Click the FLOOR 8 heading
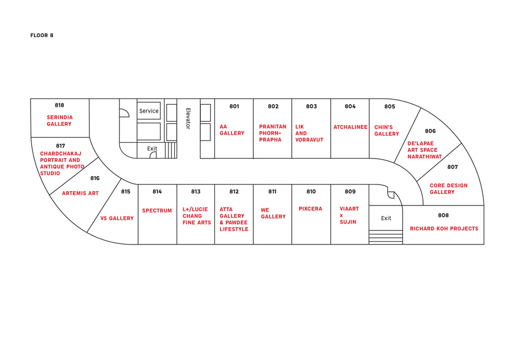[x=42, y=36]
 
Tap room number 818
[x=59, y=105]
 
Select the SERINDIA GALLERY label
[x=59, y=121]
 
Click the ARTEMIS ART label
[x=80, y=194]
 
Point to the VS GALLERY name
[x=117, y=218]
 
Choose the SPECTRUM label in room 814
[x=157, y=211]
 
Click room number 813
[x=196, y=192]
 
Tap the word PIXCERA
[x=310, y=209]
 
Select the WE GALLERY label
[x=273, y=213]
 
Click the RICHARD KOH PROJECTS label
[x=444, y=229]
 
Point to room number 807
[x=452, y=167]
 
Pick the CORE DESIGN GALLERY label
[x=448, y=189]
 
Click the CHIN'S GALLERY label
[x=387, y=131]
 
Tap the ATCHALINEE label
[x=350, y=127]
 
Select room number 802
[x=273, y=106]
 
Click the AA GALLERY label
[x=232, y=130]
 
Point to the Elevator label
[x=188, y=118]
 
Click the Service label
[x=149, y=111]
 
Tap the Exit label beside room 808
[x=386, y=218]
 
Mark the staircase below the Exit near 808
[x=386, y=237]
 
